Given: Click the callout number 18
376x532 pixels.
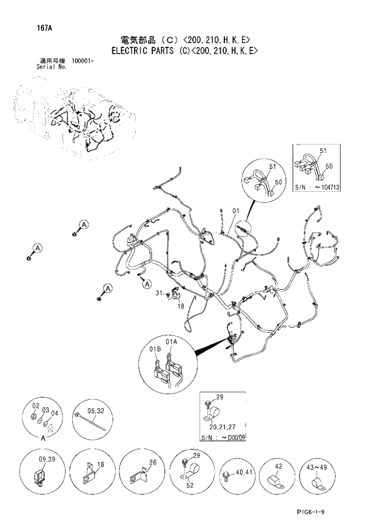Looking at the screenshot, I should point(180,307).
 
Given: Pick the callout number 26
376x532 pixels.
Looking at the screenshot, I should point(153,463).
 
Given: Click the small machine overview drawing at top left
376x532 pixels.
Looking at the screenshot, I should point(73,118).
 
